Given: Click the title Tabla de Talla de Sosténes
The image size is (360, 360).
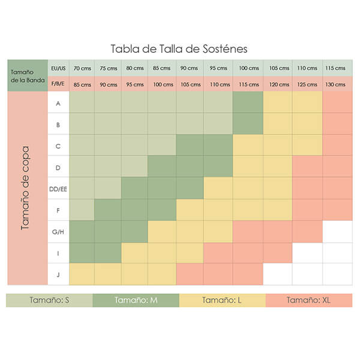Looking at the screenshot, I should (179, 48).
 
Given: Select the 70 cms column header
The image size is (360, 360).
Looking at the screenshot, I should (82, 68).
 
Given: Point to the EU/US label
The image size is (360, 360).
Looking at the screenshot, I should (58, 68).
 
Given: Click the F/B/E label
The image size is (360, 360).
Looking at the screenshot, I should (58, 84).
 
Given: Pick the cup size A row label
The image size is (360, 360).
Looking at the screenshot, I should (58, 103).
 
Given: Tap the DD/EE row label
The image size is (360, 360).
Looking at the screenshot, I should (58, 188).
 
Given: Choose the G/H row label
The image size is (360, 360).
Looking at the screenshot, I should (58, 231).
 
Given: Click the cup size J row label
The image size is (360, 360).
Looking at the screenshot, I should (58, 274).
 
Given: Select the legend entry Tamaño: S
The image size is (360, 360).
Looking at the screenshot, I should (49, 301).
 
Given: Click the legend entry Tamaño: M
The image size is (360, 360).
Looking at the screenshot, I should (136, 301).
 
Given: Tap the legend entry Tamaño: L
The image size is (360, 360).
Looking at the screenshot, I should (222, 301).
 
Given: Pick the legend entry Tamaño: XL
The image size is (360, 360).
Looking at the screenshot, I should (308, 301).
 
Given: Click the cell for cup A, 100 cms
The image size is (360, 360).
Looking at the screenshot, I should (248, 103).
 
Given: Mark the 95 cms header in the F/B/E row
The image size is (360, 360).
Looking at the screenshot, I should (136, 84).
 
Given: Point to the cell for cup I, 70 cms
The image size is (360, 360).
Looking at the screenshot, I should (82, 253).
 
